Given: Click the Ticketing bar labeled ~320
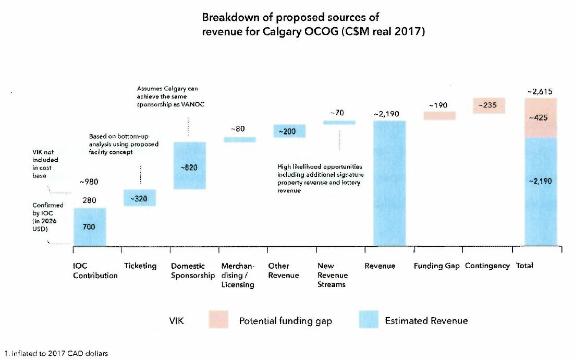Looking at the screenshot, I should [x=139, y=198].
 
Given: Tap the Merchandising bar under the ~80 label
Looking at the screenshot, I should [x=240, y=139].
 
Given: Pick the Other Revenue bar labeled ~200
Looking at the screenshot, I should [x=290, y=131].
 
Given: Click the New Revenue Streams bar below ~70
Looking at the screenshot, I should [x=339, y=123].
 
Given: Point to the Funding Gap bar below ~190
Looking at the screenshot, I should [x=439, y=116].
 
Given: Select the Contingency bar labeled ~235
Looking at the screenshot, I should [x=489, y=105].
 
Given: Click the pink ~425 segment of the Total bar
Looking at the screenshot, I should [x=541, y=118].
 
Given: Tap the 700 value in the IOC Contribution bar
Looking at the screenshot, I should [x=90, y=227].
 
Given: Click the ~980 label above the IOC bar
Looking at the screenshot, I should [x=89, y=182].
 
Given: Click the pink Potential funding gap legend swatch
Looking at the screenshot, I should [x=218, y=320].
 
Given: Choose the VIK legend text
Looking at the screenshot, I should [x=177, y=321].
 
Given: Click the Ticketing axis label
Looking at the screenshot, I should [x=140, y=266].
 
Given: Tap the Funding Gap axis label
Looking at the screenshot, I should [x=437, y=266].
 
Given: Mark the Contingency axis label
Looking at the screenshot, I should [x=487, y=266].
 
